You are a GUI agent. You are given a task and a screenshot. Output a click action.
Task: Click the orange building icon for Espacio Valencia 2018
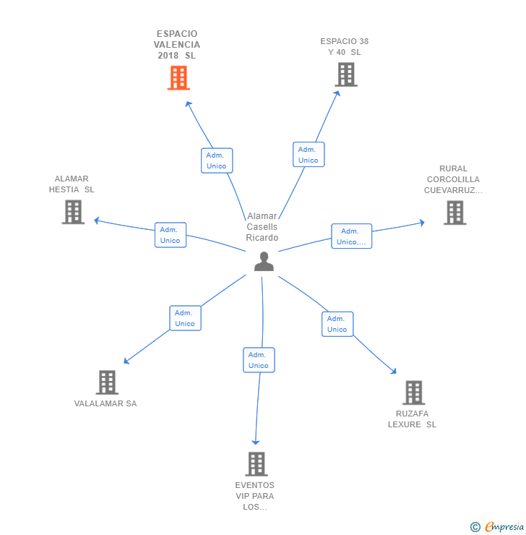click(x=178, y=77)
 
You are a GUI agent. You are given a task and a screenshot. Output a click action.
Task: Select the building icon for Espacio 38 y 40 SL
click(x=345, y=74)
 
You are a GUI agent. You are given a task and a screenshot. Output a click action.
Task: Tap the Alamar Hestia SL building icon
click(x=73, y=212)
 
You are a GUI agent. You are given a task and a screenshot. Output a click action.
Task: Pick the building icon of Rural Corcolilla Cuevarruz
click(x=454, y=213)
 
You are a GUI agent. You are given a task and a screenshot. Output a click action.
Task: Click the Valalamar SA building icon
click(x=106, y=382)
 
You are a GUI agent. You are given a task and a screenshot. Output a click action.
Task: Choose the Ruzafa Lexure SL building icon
click(x=413, y=393)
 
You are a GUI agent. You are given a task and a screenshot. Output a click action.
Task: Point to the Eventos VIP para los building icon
click(x=256, y=463)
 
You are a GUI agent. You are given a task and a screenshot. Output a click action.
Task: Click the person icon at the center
click(x=264, y=261)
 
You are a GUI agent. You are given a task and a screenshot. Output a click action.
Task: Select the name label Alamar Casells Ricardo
click(x=262, y=227)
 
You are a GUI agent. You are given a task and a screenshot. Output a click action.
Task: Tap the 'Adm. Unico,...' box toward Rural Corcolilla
click(x=352, y=236)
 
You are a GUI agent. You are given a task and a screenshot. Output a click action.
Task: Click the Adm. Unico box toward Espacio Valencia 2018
click(x=216, y=160)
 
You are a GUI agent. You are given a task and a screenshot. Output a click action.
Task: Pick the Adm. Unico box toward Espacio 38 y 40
click(x=309, y=155)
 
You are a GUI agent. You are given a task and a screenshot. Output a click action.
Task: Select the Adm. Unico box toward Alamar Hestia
click(x=171, y=235)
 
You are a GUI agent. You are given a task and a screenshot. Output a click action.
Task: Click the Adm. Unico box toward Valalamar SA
click(x=185, y=318)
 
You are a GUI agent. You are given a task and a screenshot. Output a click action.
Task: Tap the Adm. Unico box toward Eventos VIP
click(x=259, y=360)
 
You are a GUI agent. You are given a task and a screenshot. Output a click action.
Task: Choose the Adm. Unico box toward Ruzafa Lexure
click(x=337, y=324)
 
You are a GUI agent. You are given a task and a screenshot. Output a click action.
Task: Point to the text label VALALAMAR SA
click(x=105, y=403)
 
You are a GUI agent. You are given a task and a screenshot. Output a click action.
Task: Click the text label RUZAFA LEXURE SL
click(x=412, y=419)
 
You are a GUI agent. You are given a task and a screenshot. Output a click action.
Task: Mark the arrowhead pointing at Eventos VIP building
click(x=255, y=441)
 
